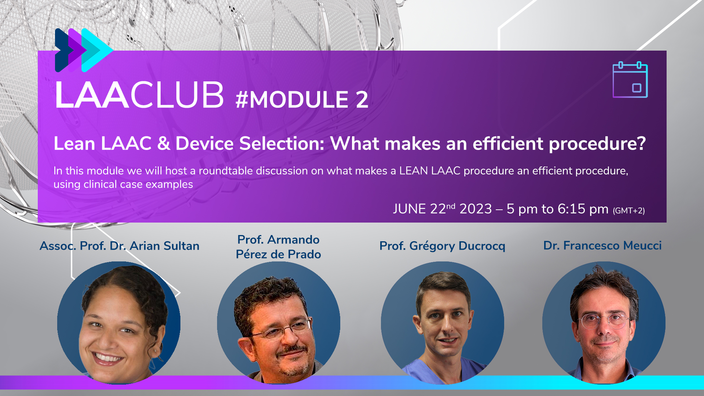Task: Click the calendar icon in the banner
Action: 630,80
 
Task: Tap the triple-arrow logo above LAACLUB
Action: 84,50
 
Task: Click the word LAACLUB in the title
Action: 139,95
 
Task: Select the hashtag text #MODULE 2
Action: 302,99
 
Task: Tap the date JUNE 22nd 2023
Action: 442,209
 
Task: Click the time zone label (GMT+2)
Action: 629,210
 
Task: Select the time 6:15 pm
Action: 583,209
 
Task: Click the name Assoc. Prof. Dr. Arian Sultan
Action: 120,246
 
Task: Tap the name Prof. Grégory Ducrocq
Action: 442,246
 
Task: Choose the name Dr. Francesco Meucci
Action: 602,245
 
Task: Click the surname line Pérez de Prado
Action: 278,254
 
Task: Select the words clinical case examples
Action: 138,184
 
